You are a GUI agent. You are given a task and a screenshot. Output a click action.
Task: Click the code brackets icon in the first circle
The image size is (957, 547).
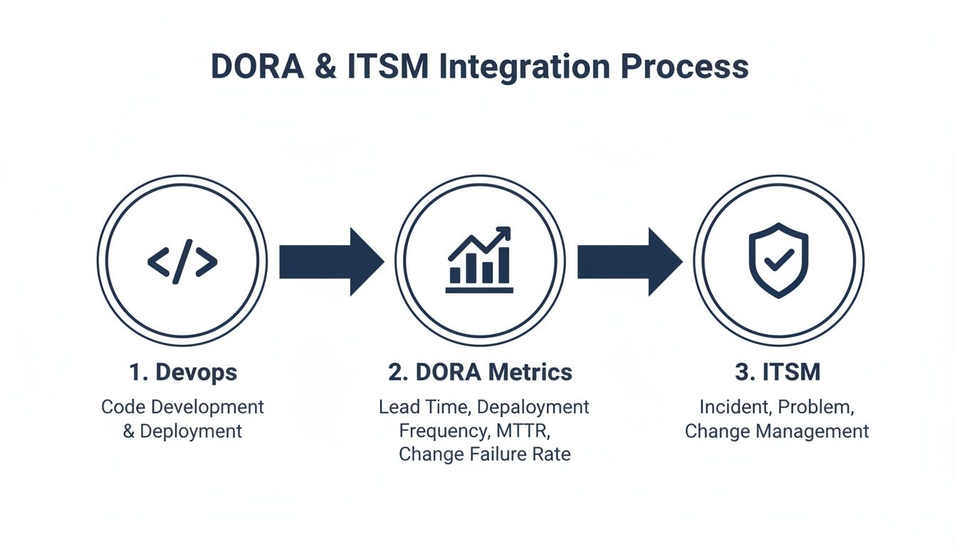click(x=182, y=263)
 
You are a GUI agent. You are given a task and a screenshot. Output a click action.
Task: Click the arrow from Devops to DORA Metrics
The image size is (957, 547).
click(x=330, y=261)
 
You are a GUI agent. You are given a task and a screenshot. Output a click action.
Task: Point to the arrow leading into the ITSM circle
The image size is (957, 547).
click(x=629, y=261)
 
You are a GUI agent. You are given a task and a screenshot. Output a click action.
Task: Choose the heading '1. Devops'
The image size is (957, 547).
click(x=183, y=372)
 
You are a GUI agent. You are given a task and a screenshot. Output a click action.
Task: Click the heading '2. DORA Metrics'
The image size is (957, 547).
click(x=480, y=372)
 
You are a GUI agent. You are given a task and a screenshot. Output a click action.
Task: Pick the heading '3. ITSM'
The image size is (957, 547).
click(x=777, y=372)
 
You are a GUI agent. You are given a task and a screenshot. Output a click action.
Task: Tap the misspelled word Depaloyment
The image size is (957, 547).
click(x=533, y=407)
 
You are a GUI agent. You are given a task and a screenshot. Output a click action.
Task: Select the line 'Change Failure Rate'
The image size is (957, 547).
click(x=484, y=454)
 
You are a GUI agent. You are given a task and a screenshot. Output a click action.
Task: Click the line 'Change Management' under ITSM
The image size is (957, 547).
click(x=777, y=431)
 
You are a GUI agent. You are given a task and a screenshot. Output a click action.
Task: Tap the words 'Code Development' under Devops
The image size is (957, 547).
click(x=183, y=407)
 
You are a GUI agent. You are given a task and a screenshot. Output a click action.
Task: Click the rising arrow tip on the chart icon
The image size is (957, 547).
click(x=506, y=232)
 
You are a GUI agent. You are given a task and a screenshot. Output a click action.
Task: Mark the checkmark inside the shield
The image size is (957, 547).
click(x=778, y=260)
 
